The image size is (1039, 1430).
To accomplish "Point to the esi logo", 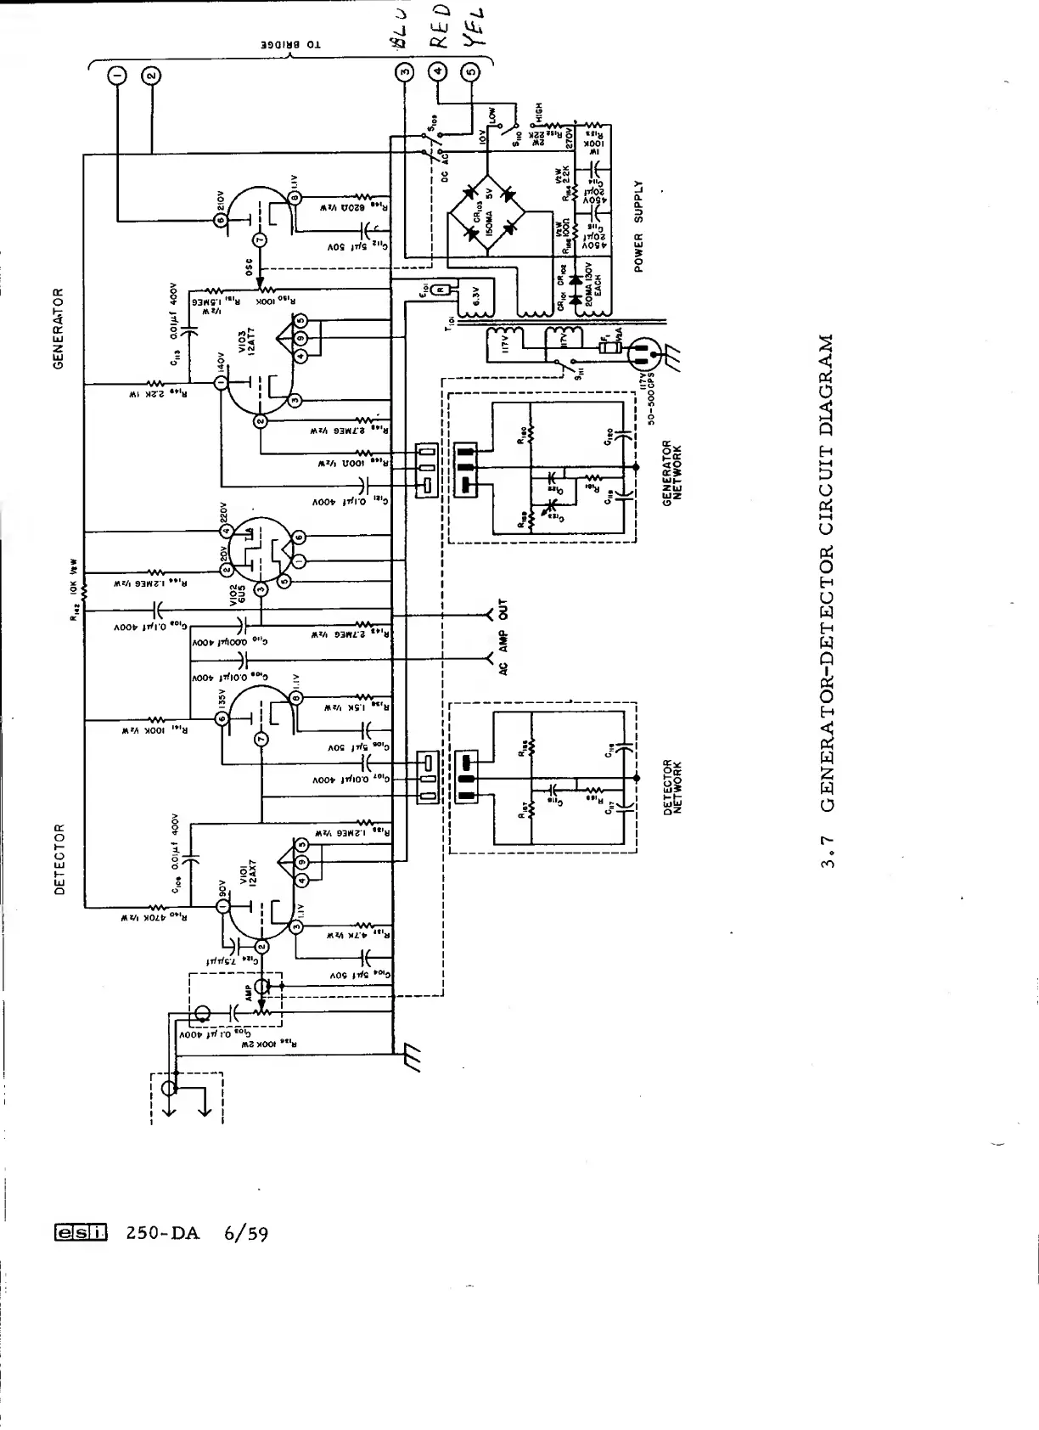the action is point(81,1232).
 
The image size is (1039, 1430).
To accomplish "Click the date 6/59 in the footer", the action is point(246,1232).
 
